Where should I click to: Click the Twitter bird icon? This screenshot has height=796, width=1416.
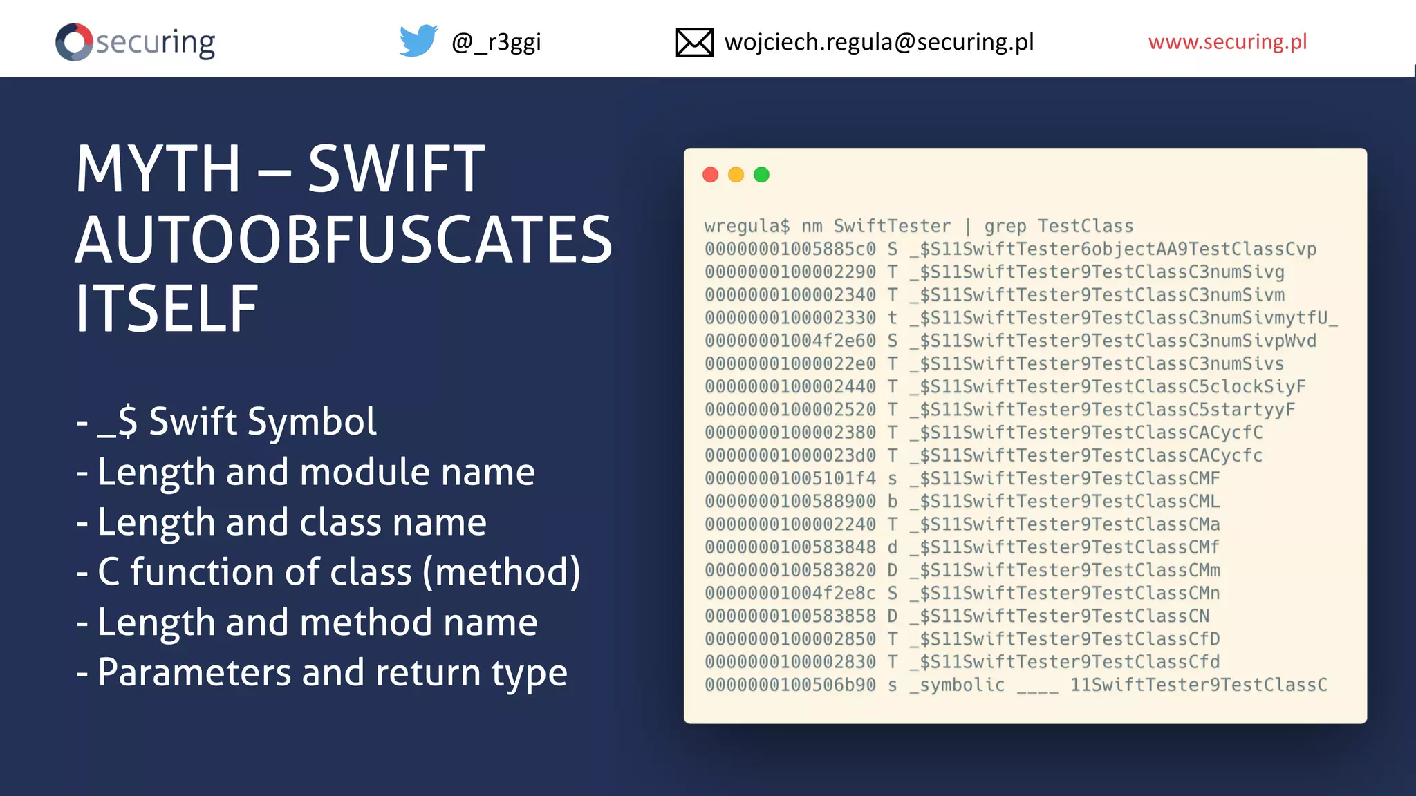pyautogui.click(x=418, y=41)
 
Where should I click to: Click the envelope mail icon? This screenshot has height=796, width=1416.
pyautogui.click(x=693, y=42)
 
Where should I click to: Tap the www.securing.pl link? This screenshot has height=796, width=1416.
pyautogui.click(x=1227, y=42)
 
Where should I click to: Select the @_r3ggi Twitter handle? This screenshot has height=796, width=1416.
pyautogui.click(x=496, y=43)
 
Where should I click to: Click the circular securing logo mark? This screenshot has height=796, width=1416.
pyautogui.click(x=74, y=42)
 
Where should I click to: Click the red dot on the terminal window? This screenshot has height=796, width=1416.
pyautogui.click(x=710, y=175)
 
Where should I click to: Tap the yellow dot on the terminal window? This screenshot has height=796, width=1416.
pyautogui.click(x=736, y=175)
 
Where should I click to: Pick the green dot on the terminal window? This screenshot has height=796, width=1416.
pyautogui.click(x=761, y=175)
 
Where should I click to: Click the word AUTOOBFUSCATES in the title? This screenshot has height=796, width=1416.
pyautogui.click(x=344, y=239)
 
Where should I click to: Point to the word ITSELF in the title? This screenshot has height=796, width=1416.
pyautogui.click(x=167, y=308)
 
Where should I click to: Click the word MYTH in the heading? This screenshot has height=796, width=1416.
pyautogui.click(x=158, y=169)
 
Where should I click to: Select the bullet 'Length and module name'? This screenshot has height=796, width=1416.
pyautogui.click(x=316, y=472)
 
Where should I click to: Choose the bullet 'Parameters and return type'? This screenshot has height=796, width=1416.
pyautogui.click(x=332, y=672)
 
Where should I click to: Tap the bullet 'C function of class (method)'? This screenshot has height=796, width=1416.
pyautogui.click(x=339, y=572)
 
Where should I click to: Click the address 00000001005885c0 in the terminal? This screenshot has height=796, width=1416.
pyautogui.click(x=790, y=249)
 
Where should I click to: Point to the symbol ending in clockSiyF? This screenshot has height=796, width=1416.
pyautogui.click(x=1108, y=387)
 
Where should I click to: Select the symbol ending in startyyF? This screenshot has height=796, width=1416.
pyautogui.click(x=1103, y=410)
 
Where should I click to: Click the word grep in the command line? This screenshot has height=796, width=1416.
pyautogui.click(x=1005, y=227)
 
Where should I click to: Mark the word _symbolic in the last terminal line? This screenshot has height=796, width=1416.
pyautogui.click(x=958, y=685)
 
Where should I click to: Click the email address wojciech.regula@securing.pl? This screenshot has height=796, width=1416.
pyautogui.click(x=879, y=42)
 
